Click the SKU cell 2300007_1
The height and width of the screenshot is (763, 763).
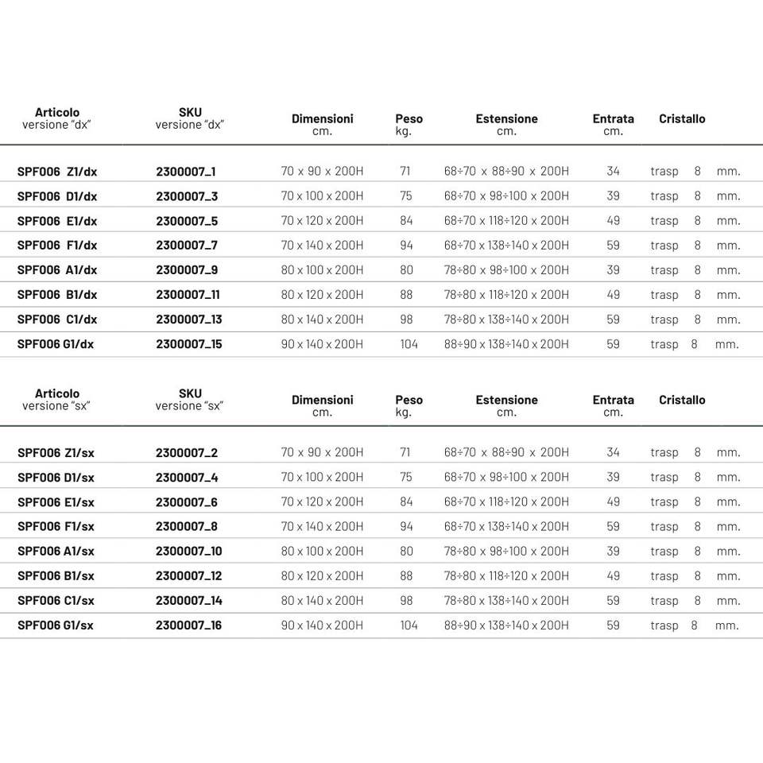tap(186, 172)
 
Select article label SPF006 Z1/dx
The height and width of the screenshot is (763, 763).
tap(57, 172)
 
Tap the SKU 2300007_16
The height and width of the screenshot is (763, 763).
tap(188, 626)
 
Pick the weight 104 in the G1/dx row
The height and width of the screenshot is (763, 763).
tap(409, 344)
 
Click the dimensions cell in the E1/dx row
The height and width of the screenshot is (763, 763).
tap(322, 221)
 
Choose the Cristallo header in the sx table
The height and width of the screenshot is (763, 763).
tap(682, 400)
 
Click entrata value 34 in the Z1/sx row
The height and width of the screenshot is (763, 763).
tap(613, 453)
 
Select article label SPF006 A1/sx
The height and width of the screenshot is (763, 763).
tap(56, 552)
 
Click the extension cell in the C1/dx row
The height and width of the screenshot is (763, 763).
tap(506, 320)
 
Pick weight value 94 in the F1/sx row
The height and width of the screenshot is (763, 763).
tap(406, 527)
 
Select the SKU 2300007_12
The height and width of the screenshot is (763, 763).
tap(188, 576)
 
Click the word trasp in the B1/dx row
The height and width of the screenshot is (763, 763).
tap(664, 295)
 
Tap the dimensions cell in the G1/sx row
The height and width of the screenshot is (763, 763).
tap(322, 626)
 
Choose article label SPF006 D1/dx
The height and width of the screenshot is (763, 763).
tap(57, 196)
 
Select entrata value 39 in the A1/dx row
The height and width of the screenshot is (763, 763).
tap(613, 270)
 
